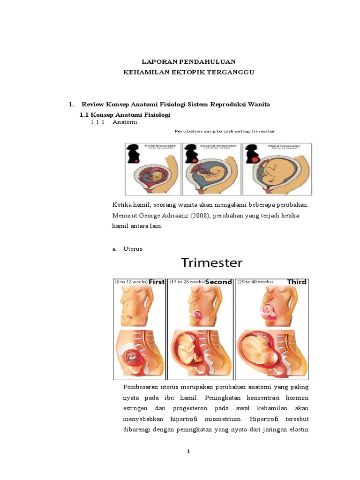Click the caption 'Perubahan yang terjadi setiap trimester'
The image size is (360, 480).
[x=225, y=131]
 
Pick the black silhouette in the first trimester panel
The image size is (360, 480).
[x=131, y=154]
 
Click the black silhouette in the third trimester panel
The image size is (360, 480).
[x=250, y=154]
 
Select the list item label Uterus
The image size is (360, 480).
[x=133, y=249]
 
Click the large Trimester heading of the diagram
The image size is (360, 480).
[x=212, y=262]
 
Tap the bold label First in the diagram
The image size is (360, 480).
[x=157, y=282]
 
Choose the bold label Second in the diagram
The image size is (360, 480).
[x=218, y=282]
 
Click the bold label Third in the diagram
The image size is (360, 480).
[x=297, y=282]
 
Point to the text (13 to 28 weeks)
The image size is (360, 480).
[x=187, y=282]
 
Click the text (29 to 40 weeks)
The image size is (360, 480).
[x=255, y=282]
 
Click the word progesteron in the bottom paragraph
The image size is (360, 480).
[x=189, y=408]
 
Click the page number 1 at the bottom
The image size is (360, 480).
[x=188, y=451]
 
